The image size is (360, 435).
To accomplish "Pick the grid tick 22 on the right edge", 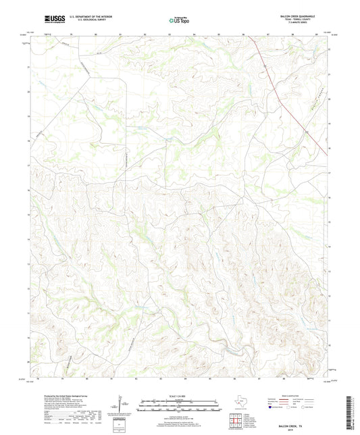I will pos(329,49).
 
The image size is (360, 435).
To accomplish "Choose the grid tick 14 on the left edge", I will pos(28,238).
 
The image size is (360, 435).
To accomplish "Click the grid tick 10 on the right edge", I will pos(329,345).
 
